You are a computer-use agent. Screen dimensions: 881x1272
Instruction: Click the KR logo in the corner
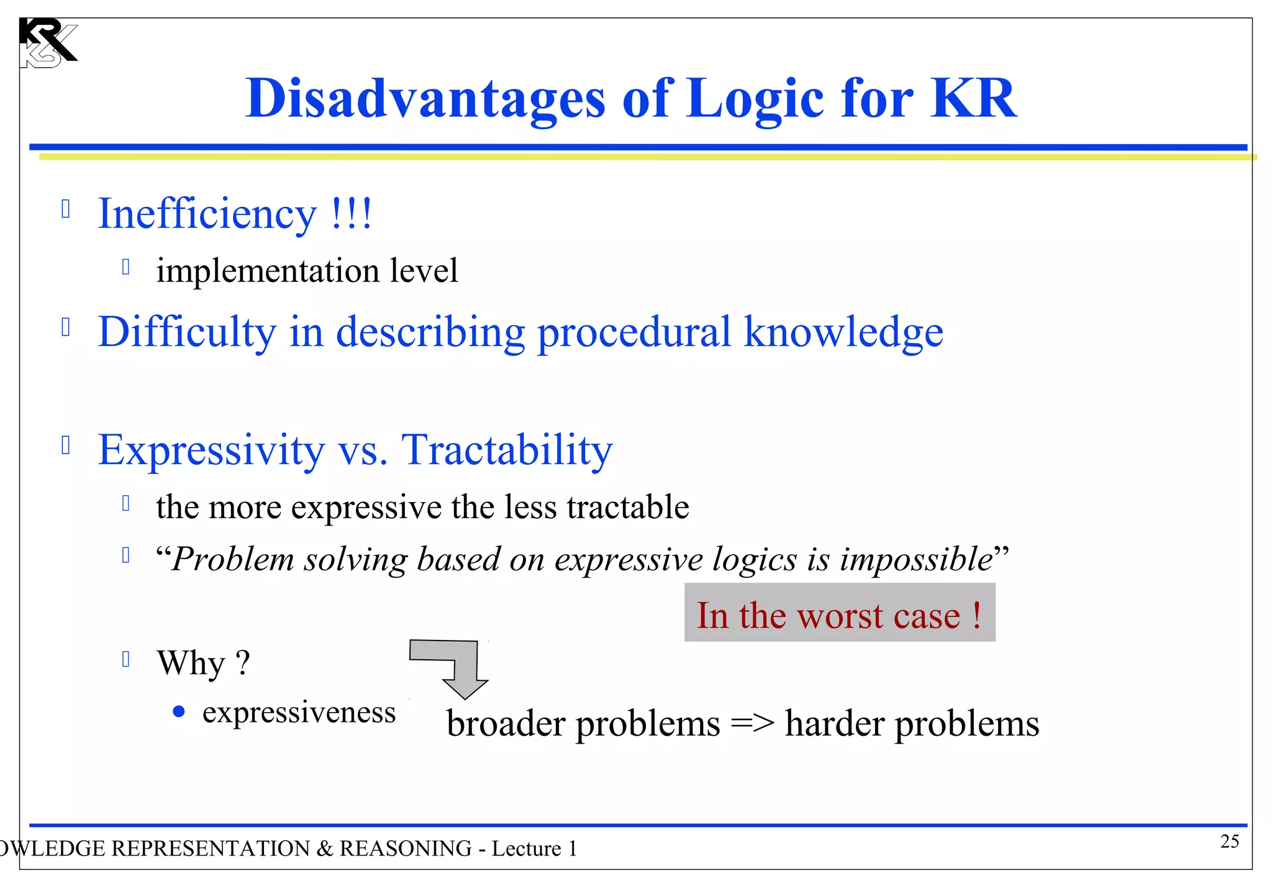[47, 42]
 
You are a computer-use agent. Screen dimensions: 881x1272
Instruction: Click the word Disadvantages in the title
[425, 99]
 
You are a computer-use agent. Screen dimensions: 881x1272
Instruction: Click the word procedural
[634, 332]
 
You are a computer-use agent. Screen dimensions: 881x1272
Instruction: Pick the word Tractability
[507, 450]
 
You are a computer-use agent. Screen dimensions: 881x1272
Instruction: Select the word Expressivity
[211, 450]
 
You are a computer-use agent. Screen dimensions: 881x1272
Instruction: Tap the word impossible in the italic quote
[916, 559]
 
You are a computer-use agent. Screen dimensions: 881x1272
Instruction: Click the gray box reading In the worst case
[839, 613]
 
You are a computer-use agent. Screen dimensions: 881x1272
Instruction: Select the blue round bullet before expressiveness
[179, 711]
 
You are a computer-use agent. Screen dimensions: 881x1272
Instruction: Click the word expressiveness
[299, 712]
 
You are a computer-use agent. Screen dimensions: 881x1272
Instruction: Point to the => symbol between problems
[752, 724]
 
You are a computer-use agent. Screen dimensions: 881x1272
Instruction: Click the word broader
[506, 724]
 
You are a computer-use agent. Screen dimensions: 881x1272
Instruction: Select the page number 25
[1229, 842]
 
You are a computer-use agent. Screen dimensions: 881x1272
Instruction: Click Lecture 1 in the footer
[534, 849]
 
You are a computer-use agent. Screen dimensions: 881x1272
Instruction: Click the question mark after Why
[243, 662]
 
